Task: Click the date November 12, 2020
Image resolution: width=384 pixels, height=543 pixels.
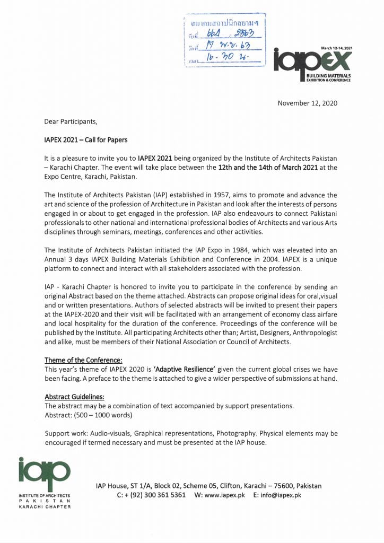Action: point(307,103)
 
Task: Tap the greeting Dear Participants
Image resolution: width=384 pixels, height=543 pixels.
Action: point(71,121)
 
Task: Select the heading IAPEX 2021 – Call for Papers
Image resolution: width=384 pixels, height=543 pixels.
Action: point(85,140)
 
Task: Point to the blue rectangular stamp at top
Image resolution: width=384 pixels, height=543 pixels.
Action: point(224,40)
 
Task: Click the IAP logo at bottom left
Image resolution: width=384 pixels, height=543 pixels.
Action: point(44,474)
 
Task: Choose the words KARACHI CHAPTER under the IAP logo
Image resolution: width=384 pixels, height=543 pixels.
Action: point(44,507)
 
